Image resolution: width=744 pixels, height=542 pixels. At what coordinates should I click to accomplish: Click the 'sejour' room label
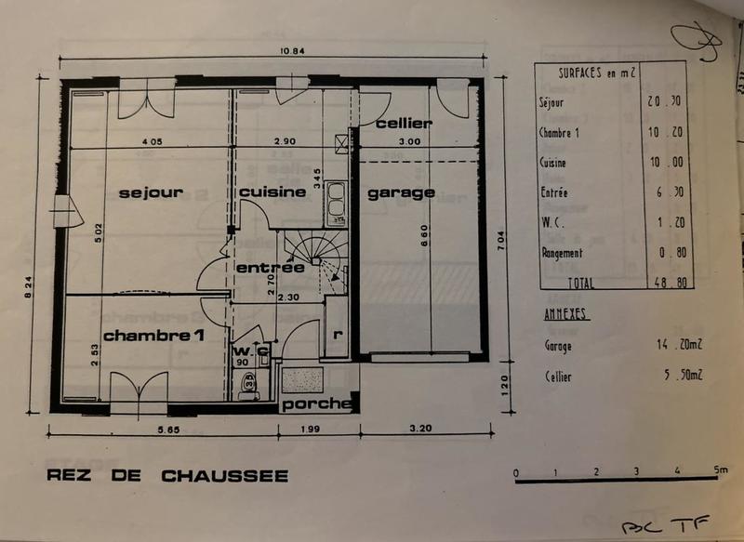[150, 192]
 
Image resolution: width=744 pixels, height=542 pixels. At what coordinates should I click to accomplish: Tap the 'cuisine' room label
[272, 192]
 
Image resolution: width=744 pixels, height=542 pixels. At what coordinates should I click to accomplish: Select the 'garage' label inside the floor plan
[401, 192]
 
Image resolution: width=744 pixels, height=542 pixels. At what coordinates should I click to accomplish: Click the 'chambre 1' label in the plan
[153, 335]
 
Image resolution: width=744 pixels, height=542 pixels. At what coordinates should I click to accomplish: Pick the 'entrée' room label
[270, 268]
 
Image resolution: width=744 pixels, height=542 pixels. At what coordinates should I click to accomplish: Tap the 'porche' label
[316, 404]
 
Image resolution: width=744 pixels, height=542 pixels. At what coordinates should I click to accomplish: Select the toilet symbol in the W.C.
[248, 383]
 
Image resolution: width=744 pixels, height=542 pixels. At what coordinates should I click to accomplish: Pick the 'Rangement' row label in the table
[562, 252]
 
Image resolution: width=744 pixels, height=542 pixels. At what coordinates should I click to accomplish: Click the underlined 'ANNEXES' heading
[565, 315]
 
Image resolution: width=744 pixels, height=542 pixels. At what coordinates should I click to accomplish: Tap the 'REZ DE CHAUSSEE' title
[168, 477]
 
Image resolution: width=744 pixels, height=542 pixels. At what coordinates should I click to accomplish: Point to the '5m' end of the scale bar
[720, 471]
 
